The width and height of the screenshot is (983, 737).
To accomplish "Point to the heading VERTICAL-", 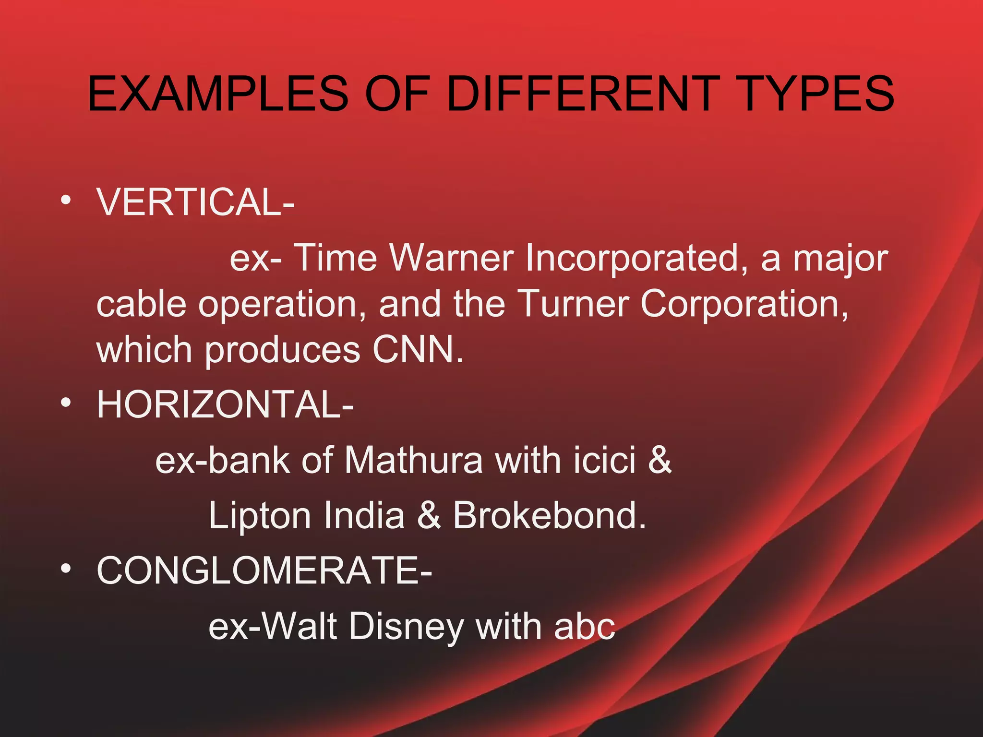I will click(195, 202).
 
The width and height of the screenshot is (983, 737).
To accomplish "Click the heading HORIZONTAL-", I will click(225, 404).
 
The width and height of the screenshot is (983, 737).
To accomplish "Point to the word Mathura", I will click(413, 460).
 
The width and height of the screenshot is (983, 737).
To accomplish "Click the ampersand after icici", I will click(660, 460).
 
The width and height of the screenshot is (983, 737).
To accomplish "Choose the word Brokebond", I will click(549, 515).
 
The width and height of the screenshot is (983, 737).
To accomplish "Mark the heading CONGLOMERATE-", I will click(264, 571).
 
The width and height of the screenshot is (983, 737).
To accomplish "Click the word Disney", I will click(406, 627).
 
